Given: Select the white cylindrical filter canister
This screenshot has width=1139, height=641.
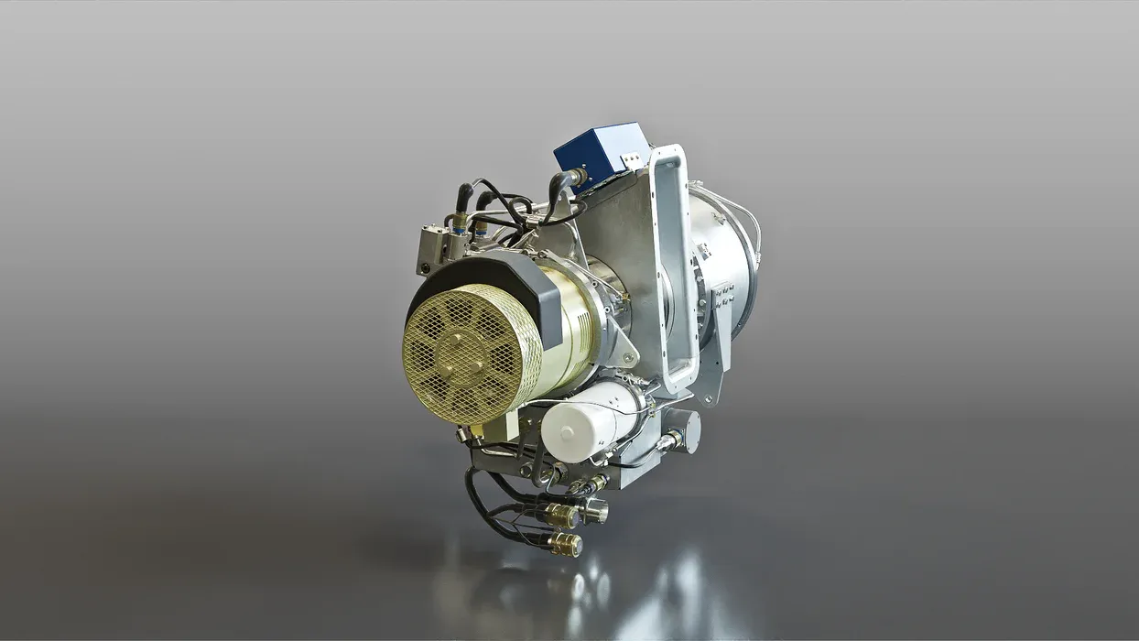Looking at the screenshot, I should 586,421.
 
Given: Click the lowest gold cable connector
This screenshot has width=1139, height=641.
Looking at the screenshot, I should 564,545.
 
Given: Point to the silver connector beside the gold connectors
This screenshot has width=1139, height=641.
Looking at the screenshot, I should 595,509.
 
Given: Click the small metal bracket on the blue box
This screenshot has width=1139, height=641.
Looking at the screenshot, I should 631,161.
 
